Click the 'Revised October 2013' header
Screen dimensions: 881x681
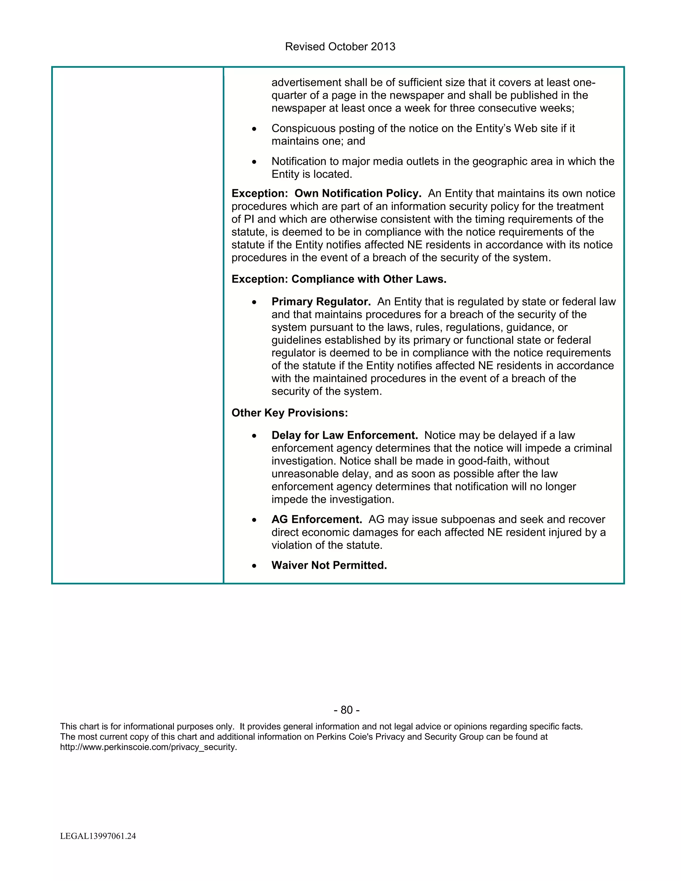340,47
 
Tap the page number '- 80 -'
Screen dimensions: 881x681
346,709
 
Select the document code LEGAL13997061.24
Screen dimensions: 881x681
98,836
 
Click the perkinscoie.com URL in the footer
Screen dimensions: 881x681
148,747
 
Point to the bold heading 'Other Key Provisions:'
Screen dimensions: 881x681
289,413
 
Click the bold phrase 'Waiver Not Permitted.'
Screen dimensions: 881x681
329,565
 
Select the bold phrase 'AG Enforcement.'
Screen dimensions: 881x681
317,519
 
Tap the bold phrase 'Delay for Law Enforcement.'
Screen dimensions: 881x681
344,435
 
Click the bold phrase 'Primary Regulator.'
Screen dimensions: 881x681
321,302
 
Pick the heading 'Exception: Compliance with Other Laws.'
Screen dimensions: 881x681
339,279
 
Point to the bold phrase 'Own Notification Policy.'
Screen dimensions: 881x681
358,193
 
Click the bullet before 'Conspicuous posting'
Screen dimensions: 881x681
254,129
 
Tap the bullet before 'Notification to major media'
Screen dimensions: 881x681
254,162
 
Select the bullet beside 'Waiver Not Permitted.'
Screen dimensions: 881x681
254,566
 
